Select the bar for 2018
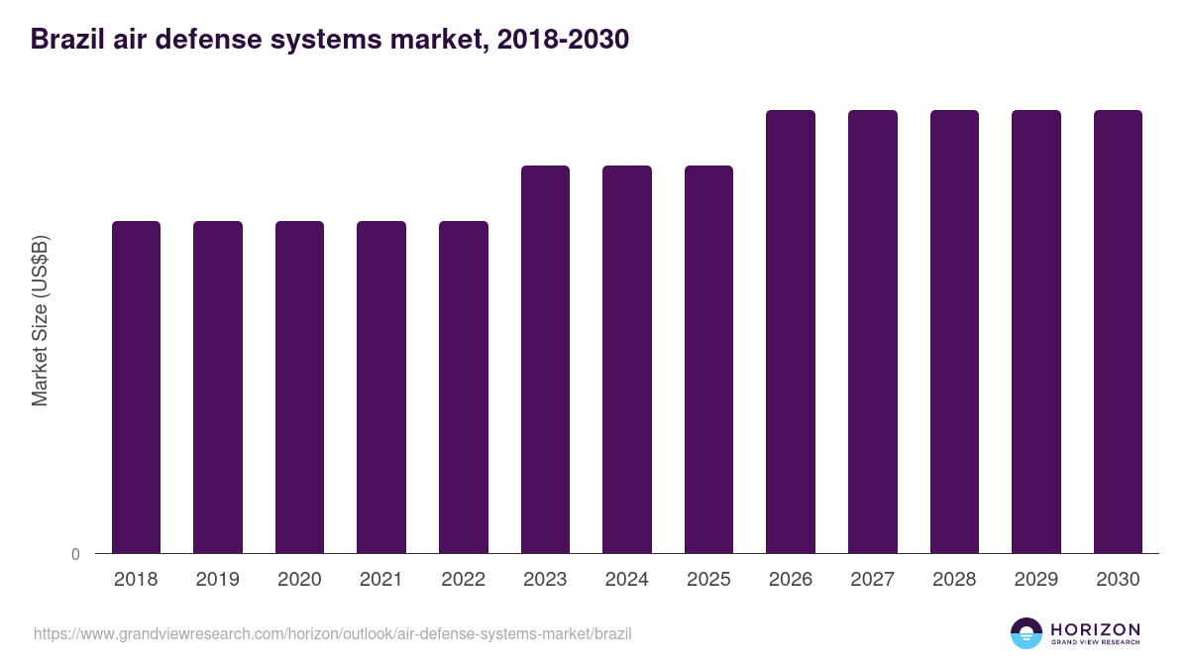136,387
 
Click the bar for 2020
299,387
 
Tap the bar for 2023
545,359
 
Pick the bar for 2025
708,359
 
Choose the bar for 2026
791,331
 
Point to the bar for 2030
1118,331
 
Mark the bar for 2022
464,387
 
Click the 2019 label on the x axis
217,580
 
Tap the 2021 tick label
381,580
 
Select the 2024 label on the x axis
626,580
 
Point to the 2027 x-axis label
872,580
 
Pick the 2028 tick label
954,580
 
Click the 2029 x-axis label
1035,580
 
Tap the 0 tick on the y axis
75,554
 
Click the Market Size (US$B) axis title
40,320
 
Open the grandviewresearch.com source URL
332,633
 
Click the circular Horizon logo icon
1027,633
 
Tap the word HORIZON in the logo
1095,629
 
